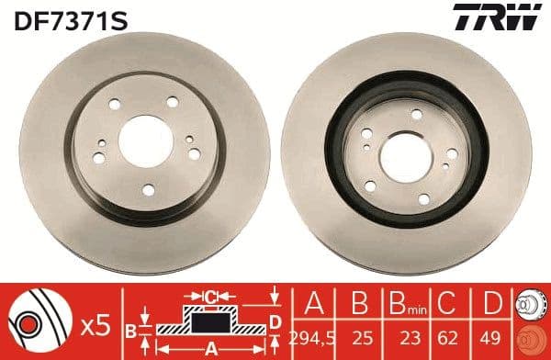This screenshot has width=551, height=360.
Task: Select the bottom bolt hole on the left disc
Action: click(x=149, y=190)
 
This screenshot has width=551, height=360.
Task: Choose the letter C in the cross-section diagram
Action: click(x=209, y=295)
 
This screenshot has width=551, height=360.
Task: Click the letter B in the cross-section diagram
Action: click(x=131, y=329)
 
